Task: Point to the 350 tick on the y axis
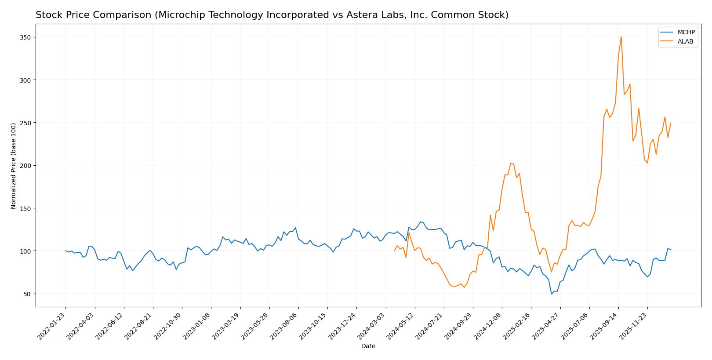(25, 37)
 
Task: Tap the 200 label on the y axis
(25, 166)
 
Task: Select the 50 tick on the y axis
(27, 294)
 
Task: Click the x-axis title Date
(368, 346)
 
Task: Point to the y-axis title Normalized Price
(14, 166)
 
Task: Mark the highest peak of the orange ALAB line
(621, 36)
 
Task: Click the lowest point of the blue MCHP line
(552, 294)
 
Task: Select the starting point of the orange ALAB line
(394, 251)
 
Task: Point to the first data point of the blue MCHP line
(65, 251)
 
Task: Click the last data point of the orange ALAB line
(671, 123)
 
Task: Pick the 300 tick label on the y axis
(25, 80)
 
